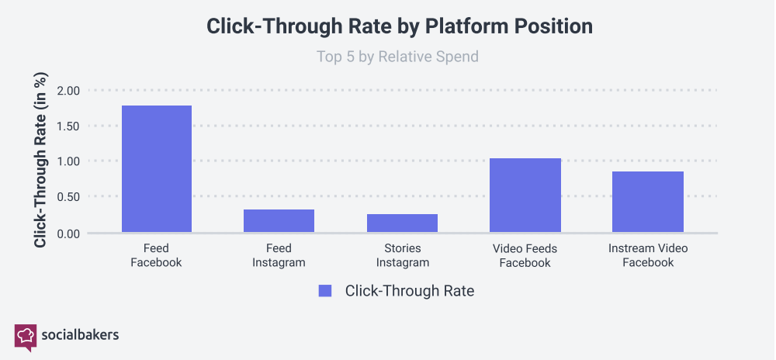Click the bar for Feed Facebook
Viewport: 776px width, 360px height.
pyautogui.click(x=156, y=168)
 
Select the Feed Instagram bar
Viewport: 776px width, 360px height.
pyautogui.click(x=279, y=220)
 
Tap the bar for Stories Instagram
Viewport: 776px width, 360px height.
pyautogui.click(x=402, y=223)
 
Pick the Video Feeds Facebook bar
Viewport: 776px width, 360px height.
pyautogui.click(x=525, y=195)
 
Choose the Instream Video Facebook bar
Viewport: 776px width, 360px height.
pyautogui.click(x=648, y=202)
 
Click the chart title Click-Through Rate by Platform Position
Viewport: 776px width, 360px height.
pyautogui.click(x=399, y=26)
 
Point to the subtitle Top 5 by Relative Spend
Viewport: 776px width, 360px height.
pyautogui.click(x=397, y=57)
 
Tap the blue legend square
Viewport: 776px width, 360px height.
pyautogui.click(x=325, y=291)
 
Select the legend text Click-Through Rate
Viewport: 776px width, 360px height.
pyautogui.click(x=409, y=291)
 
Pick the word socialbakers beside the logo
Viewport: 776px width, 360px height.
pyautogui.click(x=80, y=335)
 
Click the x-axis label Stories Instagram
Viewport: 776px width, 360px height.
pyautogui.click(x=402, y=255)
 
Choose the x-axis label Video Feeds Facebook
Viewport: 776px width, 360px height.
pyautogui.click(x=525, y=255)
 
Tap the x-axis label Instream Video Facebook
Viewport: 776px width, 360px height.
pyautogui.click(x=648, y=255)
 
